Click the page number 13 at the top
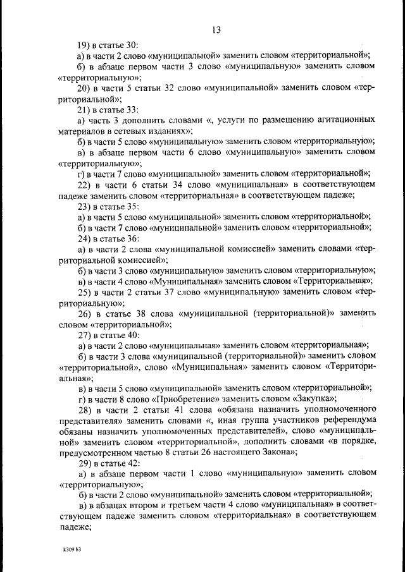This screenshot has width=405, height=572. (216, 30)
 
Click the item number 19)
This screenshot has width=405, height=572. (85, 45)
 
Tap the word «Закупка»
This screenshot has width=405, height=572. (311, 399)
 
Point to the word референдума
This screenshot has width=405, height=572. (342, 421)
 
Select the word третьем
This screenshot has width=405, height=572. (165, 504)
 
